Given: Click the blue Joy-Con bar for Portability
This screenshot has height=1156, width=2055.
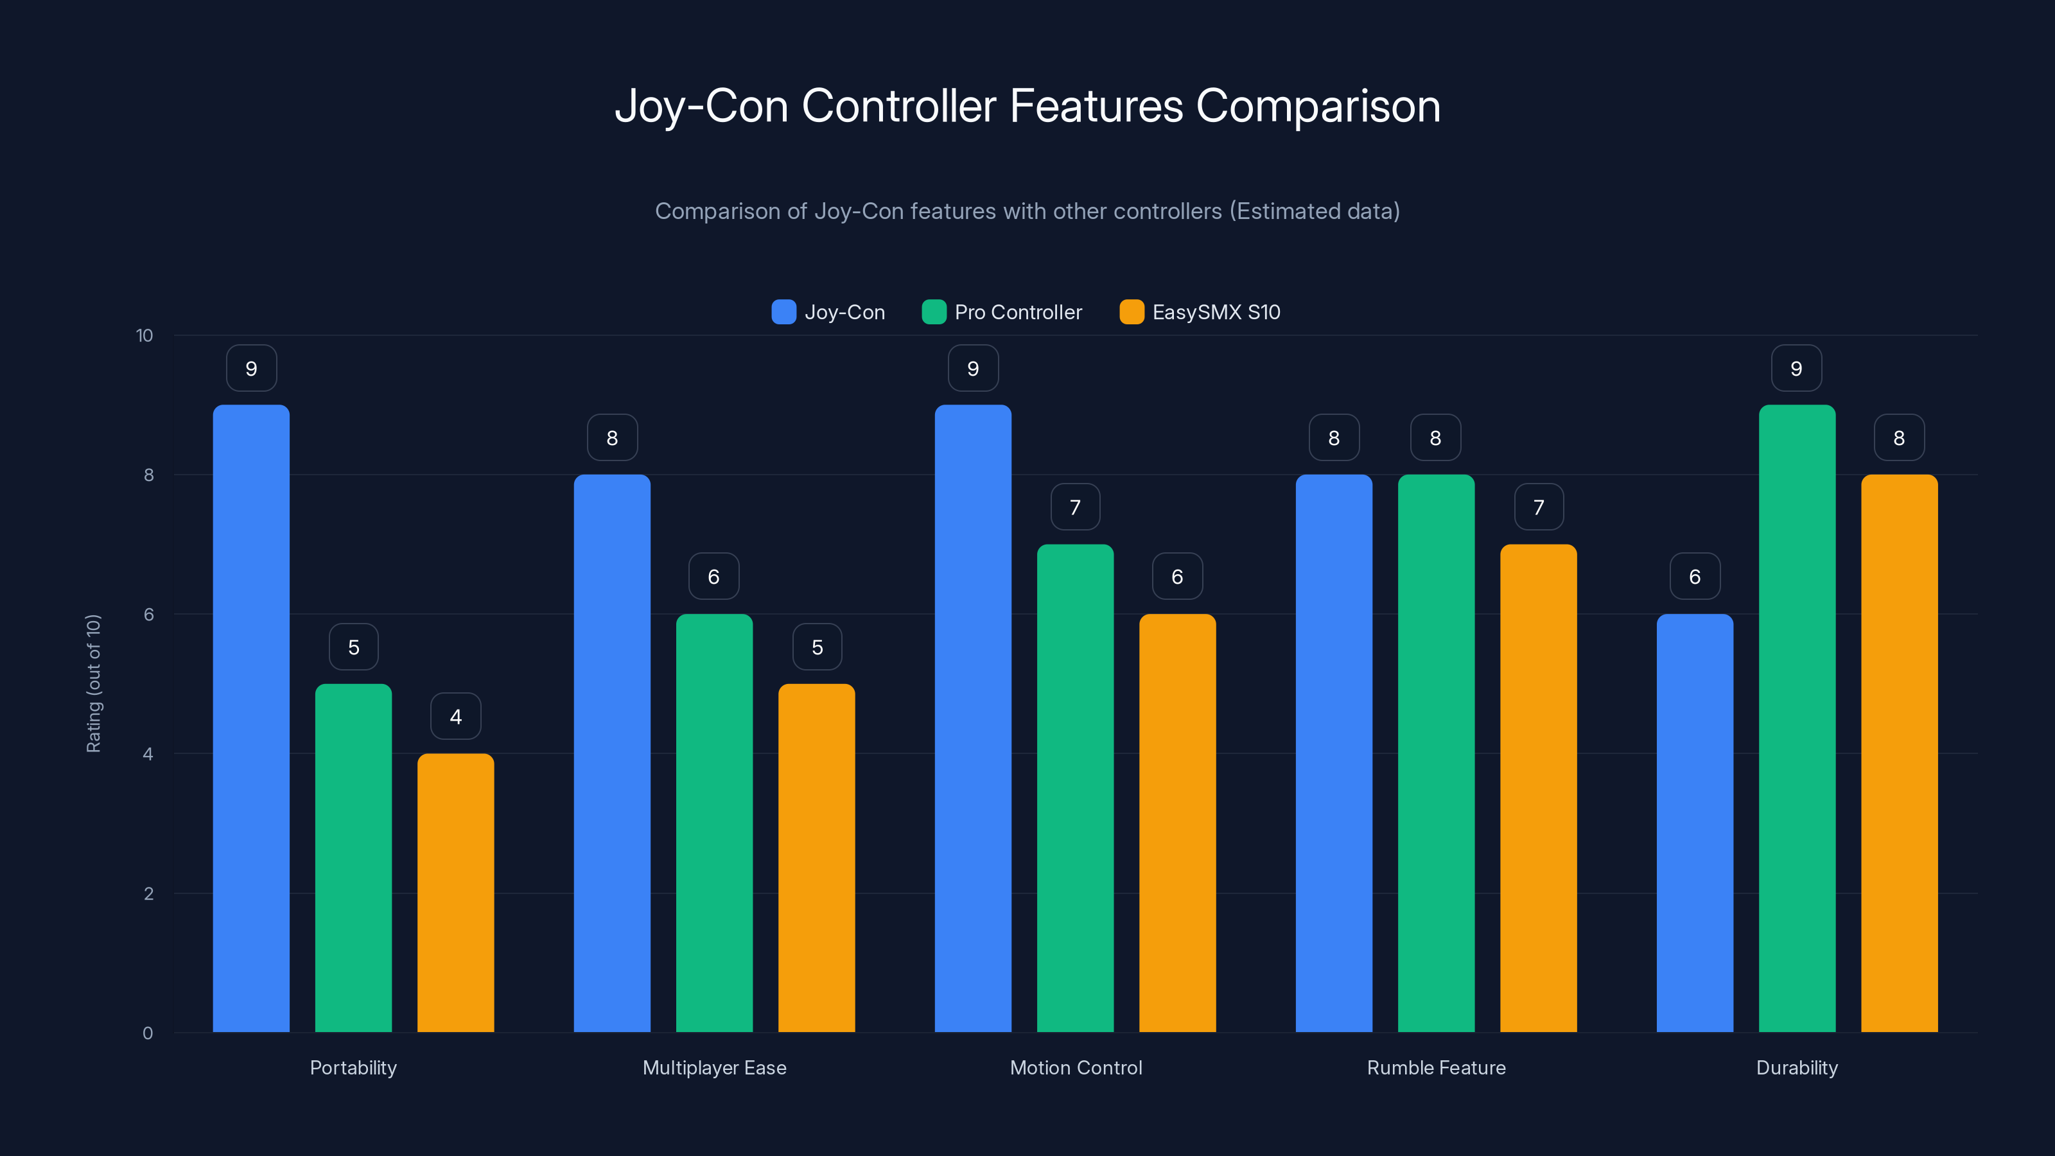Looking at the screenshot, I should [x=251, y=718].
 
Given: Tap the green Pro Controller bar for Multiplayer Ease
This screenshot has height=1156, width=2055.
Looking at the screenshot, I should [x=714, y=823].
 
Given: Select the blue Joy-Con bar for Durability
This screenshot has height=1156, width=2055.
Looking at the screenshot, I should [x=1695, y=823].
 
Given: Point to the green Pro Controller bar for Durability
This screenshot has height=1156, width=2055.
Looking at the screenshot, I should [x=1797, y=718].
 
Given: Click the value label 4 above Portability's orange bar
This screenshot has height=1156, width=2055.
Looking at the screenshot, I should [x=455, y=717].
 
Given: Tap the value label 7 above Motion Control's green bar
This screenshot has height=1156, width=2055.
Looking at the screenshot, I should [x=1074, y=507].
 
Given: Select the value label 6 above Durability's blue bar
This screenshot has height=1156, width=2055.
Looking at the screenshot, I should [x=1695, y=577].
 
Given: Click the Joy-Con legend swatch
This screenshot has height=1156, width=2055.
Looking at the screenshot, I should [x=783, y=312].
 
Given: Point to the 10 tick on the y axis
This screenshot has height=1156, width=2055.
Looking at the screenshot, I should [x=144, y=336].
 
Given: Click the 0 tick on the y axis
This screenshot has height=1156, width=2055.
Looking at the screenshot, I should [x=148, y=1033].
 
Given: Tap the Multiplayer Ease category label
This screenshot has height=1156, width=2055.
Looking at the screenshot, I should [x=714, y=1067].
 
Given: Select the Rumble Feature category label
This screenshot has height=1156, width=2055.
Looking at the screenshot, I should [x=1436, y=1067].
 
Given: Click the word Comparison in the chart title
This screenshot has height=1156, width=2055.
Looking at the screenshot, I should [x=1318, y=106].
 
